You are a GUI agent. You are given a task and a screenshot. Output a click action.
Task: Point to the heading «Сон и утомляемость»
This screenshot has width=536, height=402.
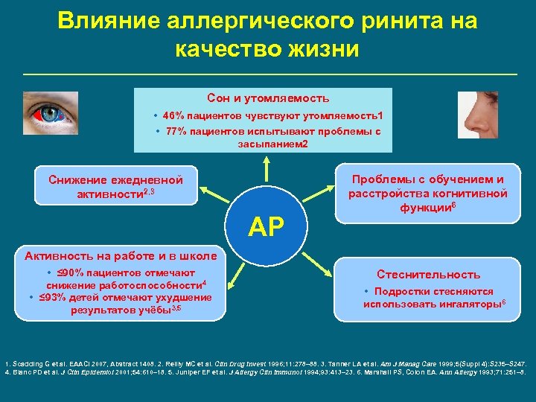268,98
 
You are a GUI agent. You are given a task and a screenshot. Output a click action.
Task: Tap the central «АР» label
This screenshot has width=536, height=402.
267,227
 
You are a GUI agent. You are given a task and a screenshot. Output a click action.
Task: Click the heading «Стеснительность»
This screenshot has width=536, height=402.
428,275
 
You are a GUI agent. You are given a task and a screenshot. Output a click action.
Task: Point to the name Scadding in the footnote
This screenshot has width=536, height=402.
29,351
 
